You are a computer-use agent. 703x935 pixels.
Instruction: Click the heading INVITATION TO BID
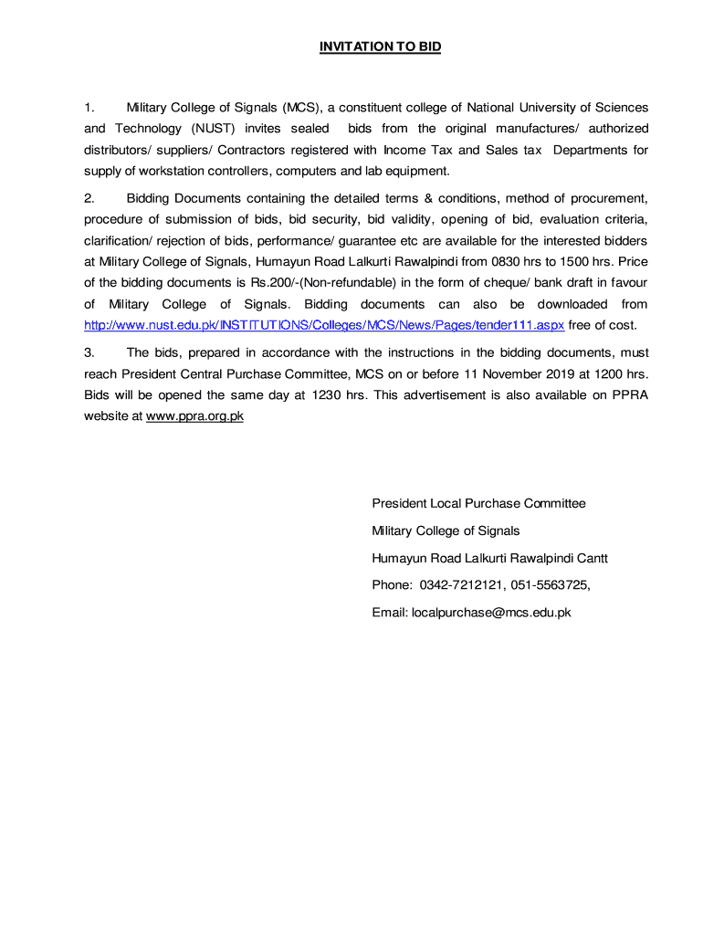coord(380,47)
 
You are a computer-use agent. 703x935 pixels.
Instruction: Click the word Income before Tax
coord(404,150)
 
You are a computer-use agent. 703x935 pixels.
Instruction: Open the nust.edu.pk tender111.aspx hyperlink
coord(324,326)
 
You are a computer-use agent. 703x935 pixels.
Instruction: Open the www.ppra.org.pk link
coord(194,416)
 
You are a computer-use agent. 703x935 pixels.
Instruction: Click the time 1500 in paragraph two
coord(560,262)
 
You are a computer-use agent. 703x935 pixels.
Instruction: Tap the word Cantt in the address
coord(591,558)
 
